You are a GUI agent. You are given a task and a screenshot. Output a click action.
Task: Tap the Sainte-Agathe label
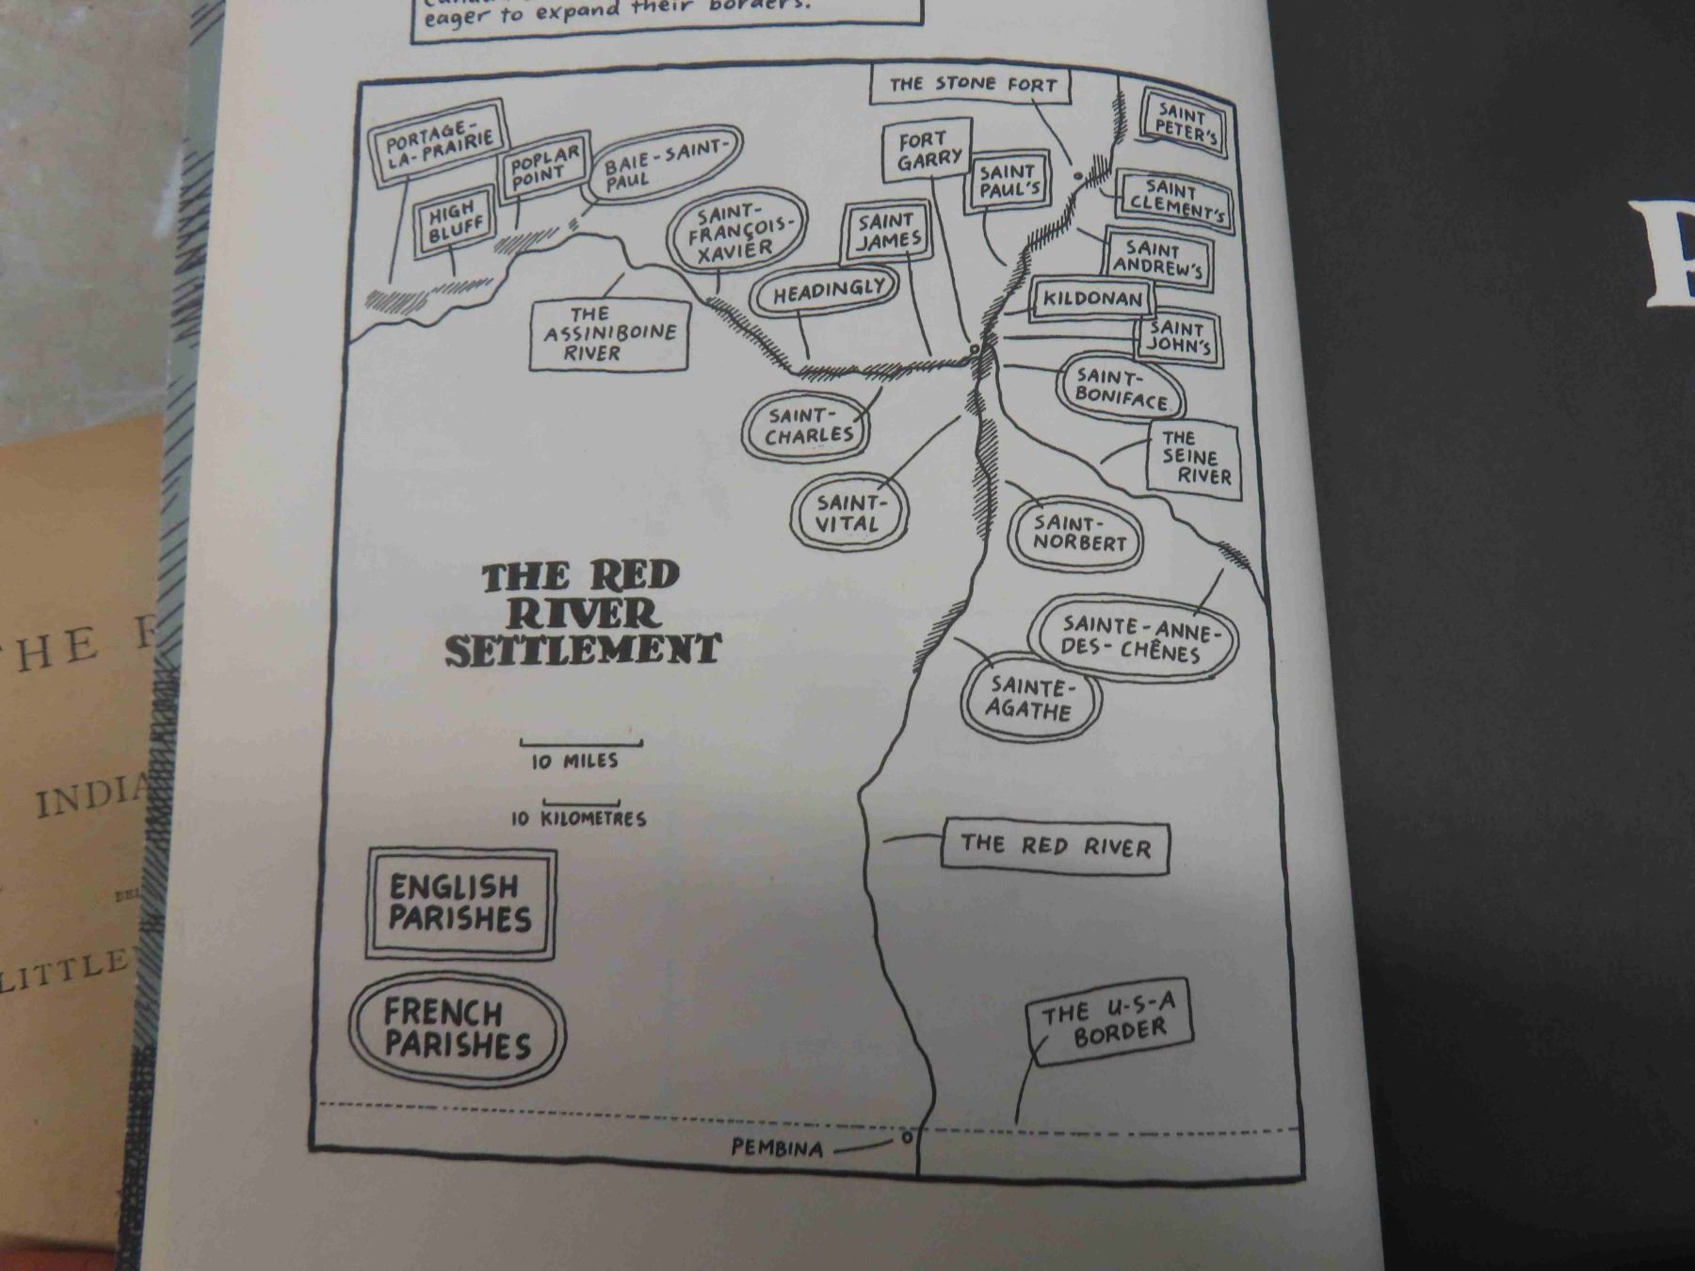click(x=1031, y=698)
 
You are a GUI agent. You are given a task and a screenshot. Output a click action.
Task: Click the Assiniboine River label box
click(x=609, y=334)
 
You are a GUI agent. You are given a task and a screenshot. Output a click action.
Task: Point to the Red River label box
click(x=1055, y=845)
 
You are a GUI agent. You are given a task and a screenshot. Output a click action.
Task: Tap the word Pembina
click(x=777, y=1149)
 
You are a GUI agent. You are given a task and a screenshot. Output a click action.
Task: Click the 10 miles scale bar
click(x=581, y=742)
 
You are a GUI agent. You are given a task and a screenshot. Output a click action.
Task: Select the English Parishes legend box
click(x=461, y=903)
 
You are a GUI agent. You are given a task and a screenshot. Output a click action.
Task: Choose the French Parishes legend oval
click(x=458, y=1029)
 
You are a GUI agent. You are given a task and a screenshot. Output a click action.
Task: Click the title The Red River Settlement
click(x=582, y=614)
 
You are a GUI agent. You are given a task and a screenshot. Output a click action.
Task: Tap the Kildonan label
click(x=1092, y=300)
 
